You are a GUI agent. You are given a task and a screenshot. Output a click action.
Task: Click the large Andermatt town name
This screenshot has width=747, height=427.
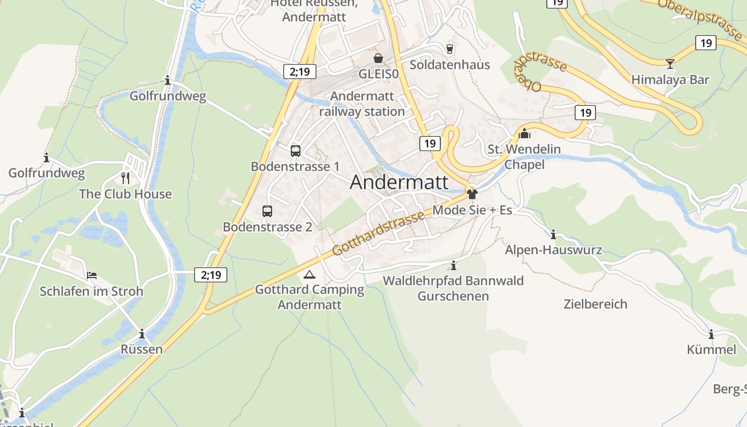(x=399, y=183)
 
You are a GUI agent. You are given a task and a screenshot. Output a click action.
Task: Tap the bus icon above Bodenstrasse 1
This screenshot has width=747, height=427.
(x=296, y=151)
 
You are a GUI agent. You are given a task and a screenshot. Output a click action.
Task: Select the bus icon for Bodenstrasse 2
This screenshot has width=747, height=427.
(x=267, y=211)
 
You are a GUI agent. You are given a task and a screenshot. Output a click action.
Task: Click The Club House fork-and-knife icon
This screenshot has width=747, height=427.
(x=125, y=178)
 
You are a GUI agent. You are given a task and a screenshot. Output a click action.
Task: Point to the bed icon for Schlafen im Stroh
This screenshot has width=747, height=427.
(x=92, y=275)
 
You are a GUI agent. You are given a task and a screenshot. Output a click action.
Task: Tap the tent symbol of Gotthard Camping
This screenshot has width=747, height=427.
(x=309, y=275)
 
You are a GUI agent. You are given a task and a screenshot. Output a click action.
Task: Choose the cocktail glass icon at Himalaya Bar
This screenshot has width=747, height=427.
(x=670, y=64)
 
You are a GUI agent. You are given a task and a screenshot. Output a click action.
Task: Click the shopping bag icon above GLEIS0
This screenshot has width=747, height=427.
(x=378, y=58)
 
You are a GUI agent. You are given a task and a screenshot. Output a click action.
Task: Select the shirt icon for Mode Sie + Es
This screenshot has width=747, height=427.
(x=472, y=194)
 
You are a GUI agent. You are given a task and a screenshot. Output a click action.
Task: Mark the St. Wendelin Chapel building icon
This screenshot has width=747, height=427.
(x=525, y=133)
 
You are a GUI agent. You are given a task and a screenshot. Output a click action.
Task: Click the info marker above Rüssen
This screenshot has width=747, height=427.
(x=142, y=334)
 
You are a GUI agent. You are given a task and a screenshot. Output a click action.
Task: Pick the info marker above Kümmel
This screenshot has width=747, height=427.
(x=711, y=335)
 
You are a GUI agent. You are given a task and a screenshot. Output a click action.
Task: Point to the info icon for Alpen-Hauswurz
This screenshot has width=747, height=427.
(x=553, y=234)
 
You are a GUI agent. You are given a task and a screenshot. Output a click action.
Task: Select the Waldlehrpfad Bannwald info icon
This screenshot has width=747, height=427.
(x=454, y=265)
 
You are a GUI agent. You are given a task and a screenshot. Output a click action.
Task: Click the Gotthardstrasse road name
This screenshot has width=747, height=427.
(x=379, y=233)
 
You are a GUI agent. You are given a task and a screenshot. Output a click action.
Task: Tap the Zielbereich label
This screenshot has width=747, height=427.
(x=595, y=304)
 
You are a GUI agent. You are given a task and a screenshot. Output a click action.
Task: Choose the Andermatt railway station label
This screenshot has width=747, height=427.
(x=362, y=104)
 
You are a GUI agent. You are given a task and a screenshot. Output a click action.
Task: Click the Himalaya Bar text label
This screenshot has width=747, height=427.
(x=670, y=80)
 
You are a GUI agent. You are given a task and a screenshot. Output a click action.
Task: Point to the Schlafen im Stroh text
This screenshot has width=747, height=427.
(x=92, y=291)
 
